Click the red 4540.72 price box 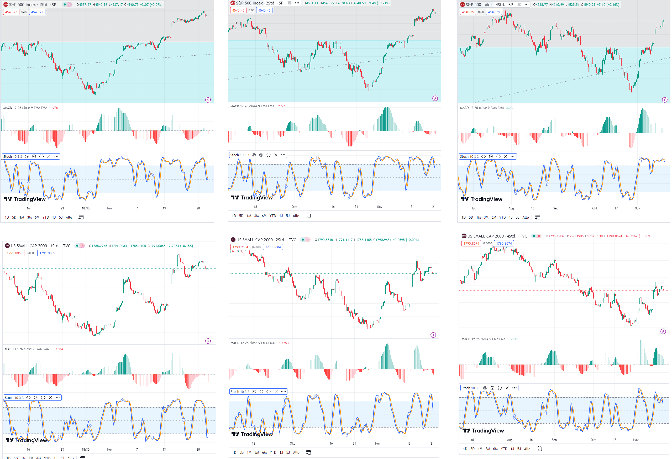tap(11, 12)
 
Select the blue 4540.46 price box tap(264, 10)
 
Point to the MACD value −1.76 tap(54, 108)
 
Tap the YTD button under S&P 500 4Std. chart tap(502, 217)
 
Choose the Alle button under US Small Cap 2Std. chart tap(296, 452)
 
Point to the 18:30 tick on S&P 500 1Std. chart tap(85, 208)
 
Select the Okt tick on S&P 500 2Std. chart tap(294, 207)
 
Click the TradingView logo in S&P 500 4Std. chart tap(481, 199)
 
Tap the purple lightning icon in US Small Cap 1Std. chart tap(208, 341)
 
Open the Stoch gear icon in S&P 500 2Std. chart tap(261, 155)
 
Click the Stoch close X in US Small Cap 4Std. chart tap(507, 388)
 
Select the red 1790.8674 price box tap(471, 243)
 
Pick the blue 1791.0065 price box tap(47, 253)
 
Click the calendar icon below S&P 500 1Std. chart tap(81, 217)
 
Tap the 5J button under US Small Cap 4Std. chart tap(519, 449)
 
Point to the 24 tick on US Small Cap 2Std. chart tap(354, 444)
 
